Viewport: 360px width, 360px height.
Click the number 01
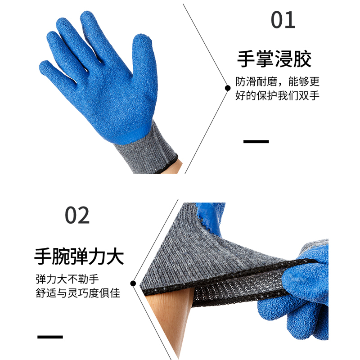tap(283, 20)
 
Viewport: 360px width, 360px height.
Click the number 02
tap(77, 215)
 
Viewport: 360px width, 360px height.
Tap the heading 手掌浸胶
tap(274, 59)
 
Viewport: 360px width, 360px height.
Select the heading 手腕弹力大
tap(79, 256)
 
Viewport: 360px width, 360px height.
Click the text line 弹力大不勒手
tap(67, 279)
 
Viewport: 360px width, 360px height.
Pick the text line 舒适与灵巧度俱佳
tap(78, 293)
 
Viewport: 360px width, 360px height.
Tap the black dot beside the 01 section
tap(228, 88)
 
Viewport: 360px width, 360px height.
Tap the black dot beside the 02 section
tap(133, 283)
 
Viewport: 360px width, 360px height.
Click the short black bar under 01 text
tap(256, 141)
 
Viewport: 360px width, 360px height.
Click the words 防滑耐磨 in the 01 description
tap(256, 81)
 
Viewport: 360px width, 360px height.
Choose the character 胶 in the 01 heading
tap(302, 59)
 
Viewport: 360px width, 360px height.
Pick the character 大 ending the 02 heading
tap(115, 256)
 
